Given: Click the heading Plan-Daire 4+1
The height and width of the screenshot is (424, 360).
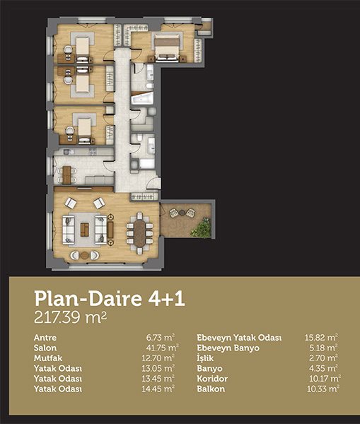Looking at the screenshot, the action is click(110, 299).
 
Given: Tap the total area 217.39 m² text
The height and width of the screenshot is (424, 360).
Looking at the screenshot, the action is click(71, 317).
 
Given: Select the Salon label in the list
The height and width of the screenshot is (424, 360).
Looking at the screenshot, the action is click(45, 348).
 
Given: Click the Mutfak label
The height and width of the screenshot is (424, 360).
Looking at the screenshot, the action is click(48, 358).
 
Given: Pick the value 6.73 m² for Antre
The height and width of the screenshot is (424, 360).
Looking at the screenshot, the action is click(161, 338).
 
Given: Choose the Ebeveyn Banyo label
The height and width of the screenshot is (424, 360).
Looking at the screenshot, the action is click(228, 348).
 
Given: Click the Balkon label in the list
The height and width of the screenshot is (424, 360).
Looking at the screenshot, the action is click(211, 389).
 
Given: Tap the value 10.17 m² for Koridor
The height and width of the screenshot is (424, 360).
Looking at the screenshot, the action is click(325, 379).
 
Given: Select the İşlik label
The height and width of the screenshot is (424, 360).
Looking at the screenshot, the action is click(205, 358).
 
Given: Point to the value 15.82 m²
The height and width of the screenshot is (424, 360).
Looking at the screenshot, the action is click(321, 338).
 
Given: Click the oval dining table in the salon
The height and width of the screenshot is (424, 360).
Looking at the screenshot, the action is click(139, 233).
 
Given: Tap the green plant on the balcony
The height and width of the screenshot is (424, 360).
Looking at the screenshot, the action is click(201, 228).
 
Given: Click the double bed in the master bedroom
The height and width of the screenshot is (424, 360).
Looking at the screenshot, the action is click(167, 47).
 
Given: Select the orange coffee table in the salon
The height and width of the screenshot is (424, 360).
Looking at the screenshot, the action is click(85, 230).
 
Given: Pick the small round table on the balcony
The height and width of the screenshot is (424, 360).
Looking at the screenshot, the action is click(182, 213).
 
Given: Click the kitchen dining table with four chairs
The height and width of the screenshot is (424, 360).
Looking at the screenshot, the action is click(66, 175).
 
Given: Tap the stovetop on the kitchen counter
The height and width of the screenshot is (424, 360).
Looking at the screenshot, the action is click(93, 152).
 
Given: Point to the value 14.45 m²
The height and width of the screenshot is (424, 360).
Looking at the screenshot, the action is click(158, 389).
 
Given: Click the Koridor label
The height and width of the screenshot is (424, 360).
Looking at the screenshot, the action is click(212, 379).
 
